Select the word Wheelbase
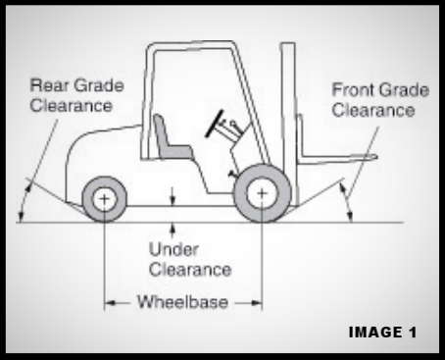pos(184,302)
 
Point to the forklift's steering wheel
pos(219,124)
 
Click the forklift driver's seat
pos(170,141)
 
